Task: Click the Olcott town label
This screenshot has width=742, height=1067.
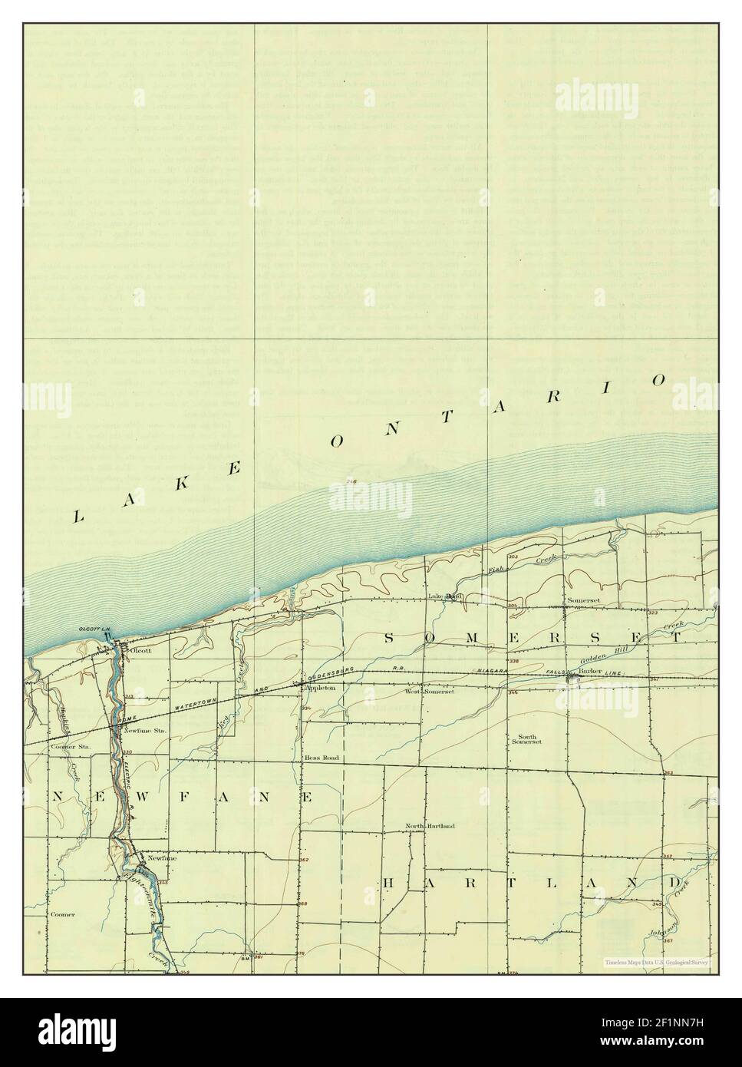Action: [x=140, y=650]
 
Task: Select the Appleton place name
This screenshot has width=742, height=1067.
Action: [x=322, y=689]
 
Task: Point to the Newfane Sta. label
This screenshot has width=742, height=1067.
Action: [x=145, y=731]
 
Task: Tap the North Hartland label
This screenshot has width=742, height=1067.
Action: [x=430, y=826]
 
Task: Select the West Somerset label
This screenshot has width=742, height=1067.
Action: [x=430, y=692]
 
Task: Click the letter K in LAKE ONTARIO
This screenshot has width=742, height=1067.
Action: [x=183, y=484]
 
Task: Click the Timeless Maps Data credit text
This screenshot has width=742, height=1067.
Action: [x=656, y=962]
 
